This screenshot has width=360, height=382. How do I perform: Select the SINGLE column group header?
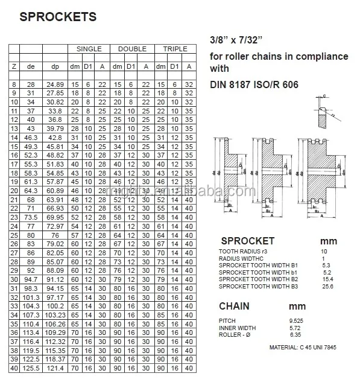point(89,48)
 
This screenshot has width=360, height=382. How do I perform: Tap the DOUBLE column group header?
point(132,48)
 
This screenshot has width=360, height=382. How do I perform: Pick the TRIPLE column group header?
point(175,48)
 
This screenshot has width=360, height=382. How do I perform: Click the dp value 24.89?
point(55,85)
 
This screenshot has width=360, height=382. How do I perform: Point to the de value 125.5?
point(31,368)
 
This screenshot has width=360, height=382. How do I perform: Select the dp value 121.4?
point(55,368)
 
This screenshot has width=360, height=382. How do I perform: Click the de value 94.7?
point(31,279)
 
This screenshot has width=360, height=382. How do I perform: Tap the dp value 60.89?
point(55,191)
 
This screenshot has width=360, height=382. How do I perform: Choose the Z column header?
point(13,66)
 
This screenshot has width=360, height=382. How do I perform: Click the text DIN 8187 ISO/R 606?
point(253,85)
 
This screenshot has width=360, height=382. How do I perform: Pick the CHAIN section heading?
point(234,306)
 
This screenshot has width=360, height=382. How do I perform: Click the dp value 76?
point(55,235)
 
